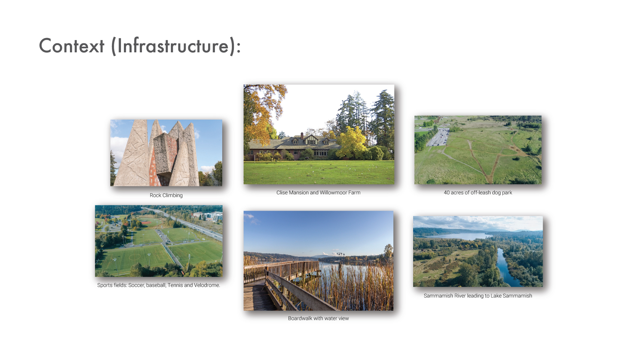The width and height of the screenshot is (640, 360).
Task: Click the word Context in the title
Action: click(72, 46)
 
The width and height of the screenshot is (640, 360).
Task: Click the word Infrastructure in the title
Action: click(173, 46)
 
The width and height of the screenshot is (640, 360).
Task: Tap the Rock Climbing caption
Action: click(166, 195)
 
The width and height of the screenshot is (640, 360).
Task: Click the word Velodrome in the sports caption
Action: click(207, 285)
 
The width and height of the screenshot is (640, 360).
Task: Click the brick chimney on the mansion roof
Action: click(302, 135)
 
